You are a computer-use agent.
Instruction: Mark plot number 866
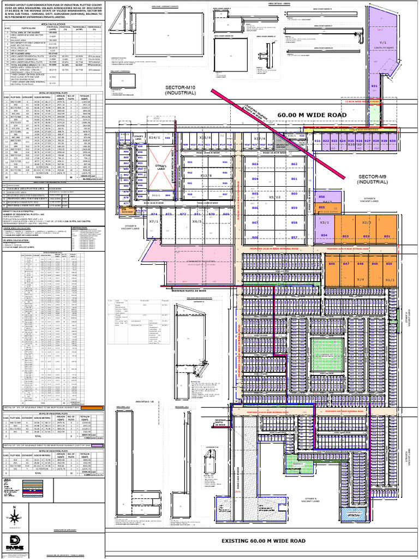[255, 238]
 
